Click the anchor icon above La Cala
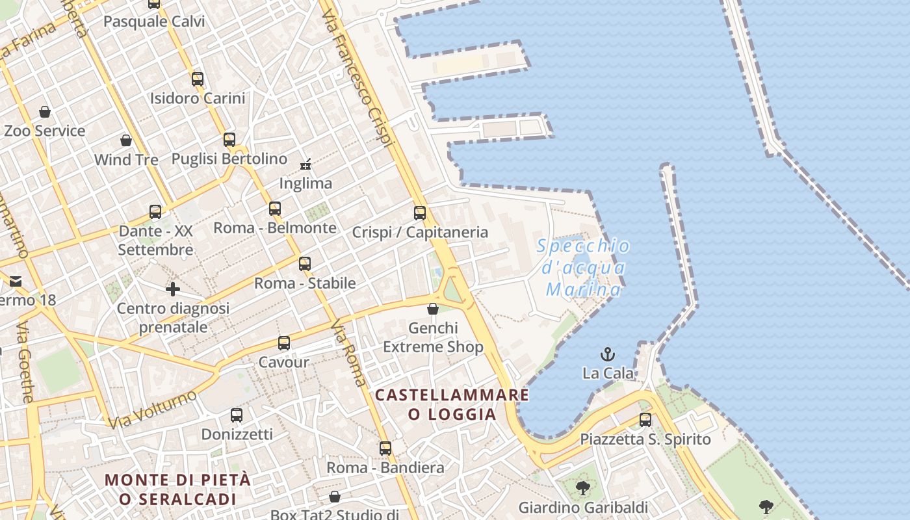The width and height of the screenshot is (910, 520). point(607,354)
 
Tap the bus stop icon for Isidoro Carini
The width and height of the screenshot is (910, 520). point(198,79)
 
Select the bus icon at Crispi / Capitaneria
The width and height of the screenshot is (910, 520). point(420,213)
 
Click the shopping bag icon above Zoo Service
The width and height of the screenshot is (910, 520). point(45,112)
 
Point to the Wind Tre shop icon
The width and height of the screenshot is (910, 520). point(126,140)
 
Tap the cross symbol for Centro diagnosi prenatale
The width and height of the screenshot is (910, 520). point(173,289)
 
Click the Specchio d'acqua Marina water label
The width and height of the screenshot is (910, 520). point(584,267)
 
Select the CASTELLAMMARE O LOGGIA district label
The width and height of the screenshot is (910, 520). point(452,404)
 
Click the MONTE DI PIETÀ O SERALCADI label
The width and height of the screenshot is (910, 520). point(177,489)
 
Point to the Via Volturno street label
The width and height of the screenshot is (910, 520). point(153,409)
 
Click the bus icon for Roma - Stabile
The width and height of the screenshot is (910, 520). point(305,264)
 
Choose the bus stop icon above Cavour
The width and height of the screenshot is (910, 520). point(284,343)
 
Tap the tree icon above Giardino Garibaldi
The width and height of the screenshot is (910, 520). point(583,487)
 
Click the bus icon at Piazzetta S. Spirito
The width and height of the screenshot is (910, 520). point(645,420)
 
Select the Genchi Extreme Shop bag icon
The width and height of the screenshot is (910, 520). point(433,309)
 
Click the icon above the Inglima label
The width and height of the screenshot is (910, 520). point(305,164)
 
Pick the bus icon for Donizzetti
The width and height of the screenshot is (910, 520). point(237,415)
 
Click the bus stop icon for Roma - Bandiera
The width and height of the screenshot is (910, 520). point(385,448)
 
